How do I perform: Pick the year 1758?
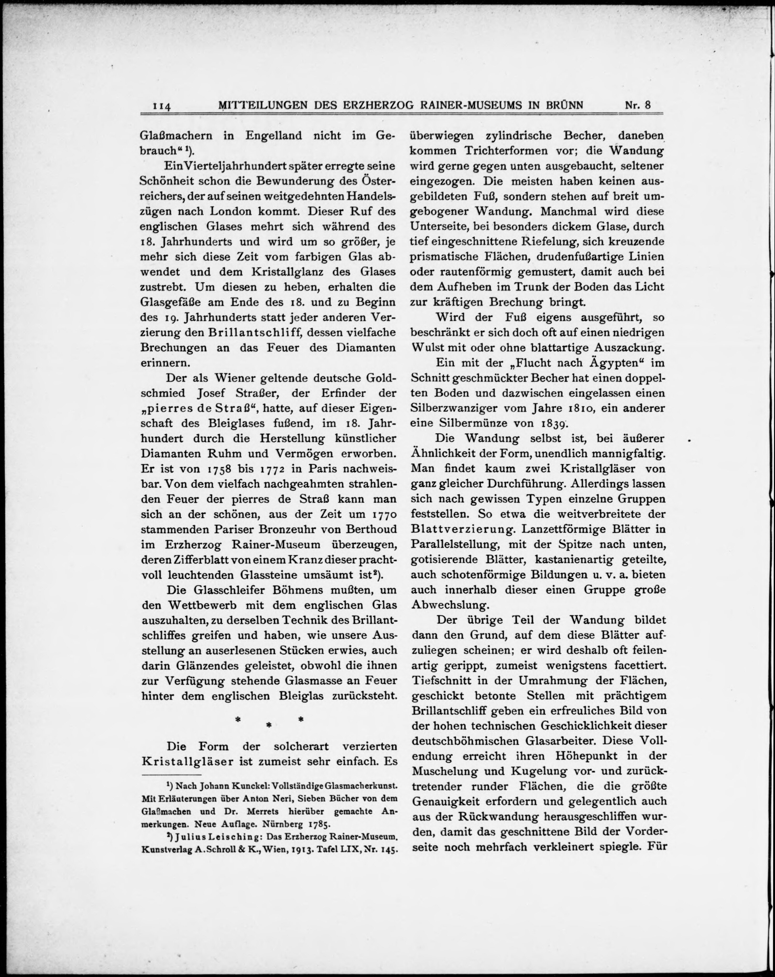click(x=220, y=469)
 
